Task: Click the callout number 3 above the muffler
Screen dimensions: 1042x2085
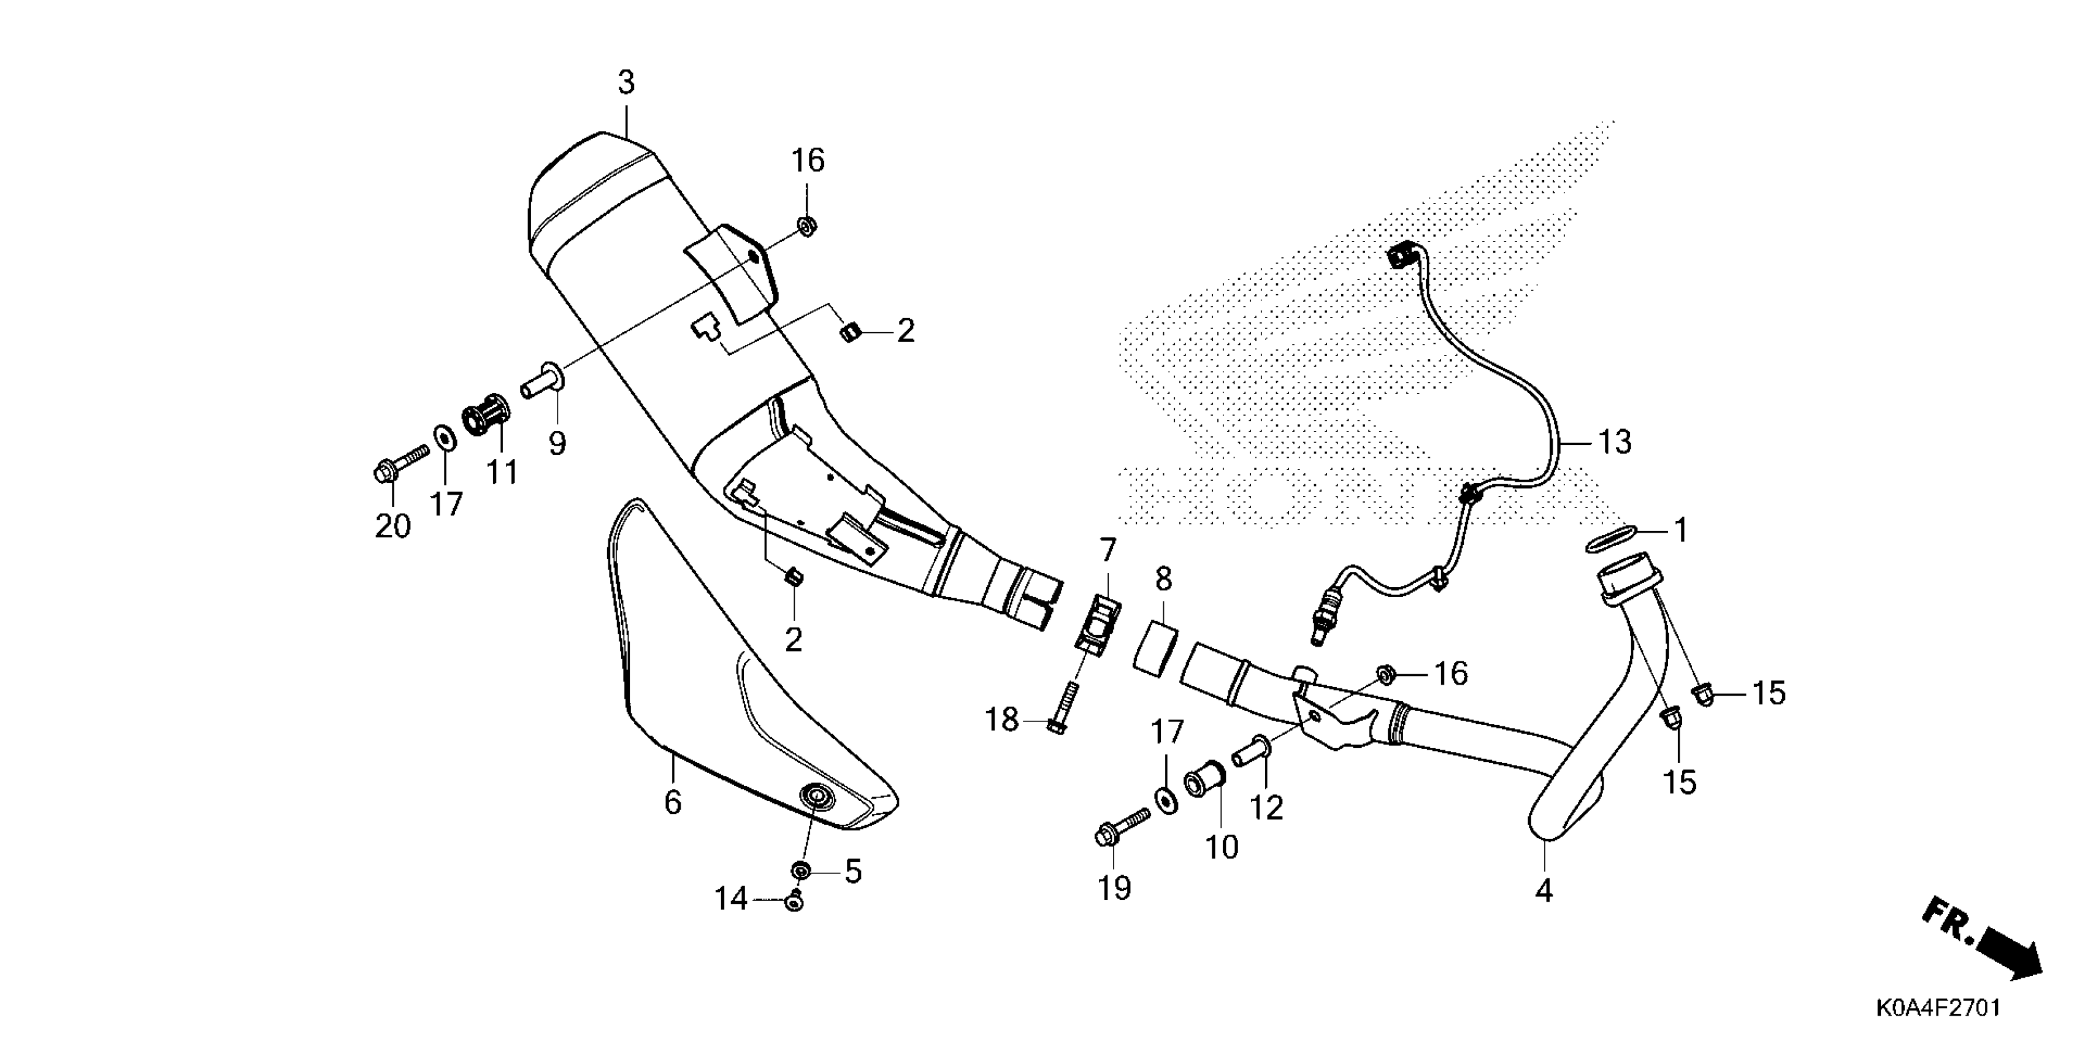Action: point(625,83)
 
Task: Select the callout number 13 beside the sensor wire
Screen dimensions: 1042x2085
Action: point(1614,443)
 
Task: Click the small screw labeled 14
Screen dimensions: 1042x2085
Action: point(795,900)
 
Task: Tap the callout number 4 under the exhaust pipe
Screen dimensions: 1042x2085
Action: point(1544,891)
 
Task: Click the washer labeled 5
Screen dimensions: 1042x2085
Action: point(801,872)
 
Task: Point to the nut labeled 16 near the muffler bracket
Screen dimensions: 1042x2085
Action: point(807,225)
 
